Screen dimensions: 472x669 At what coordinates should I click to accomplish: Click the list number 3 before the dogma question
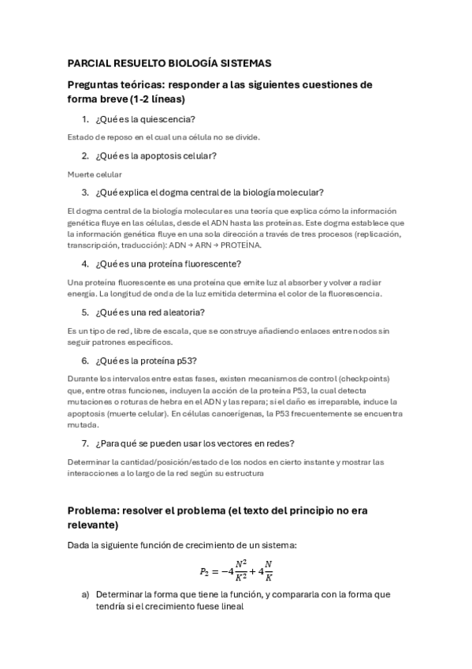84,192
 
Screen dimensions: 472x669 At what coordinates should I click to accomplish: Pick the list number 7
84,443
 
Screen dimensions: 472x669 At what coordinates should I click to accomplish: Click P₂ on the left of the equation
206,571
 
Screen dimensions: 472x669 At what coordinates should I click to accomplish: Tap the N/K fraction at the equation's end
269,571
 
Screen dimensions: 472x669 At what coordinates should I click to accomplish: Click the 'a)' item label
84,594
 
